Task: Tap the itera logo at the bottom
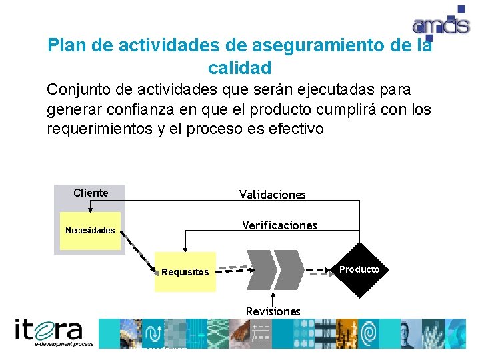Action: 49,332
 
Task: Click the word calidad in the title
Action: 239,68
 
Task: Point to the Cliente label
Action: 91,193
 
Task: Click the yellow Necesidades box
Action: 90,231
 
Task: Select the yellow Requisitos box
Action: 185,272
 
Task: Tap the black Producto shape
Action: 359,270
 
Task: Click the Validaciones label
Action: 273,195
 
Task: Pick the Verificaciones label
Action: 279,225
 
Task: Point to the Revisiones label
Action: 273,311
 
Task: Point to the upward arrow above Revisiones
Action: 273,298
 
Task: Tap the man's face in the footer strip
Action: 408,332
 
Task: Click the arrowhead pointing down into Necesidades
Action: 90,209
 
